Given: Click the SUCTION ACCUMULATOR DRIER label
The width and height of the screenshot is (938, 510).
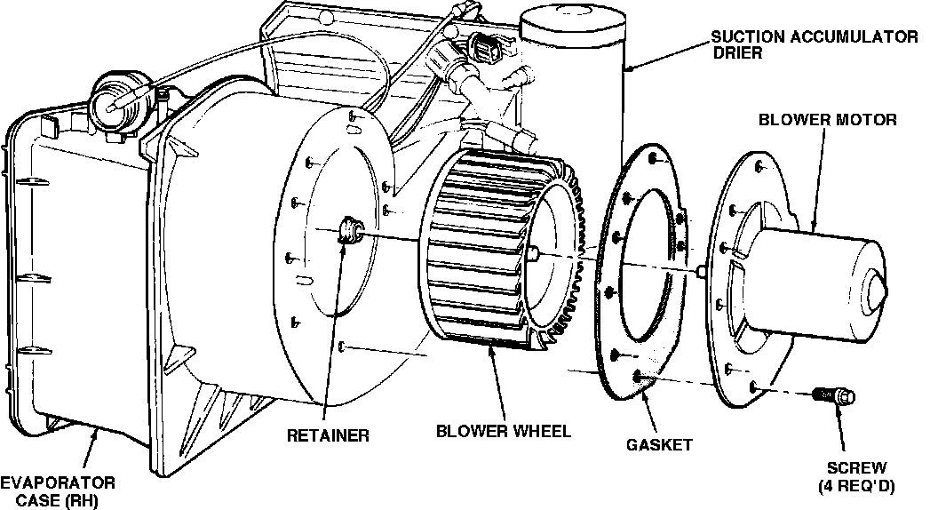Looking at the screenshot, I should (814, 44).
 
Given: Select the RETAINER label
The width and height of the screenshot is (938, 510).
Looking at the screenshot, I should (328, 435).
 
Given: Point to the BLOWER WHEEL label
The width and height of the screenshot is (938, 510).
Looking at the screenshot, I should (504, 433).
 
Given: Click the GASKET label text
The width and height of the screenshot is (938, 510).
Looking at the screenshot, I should (658, 444).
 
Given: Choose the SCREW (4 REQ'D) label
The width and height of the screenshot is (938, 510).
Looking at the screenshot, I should (855, 476).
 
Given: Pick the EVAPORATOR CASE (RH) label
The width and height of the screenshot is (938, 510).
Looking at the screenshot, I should (58, 490).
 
